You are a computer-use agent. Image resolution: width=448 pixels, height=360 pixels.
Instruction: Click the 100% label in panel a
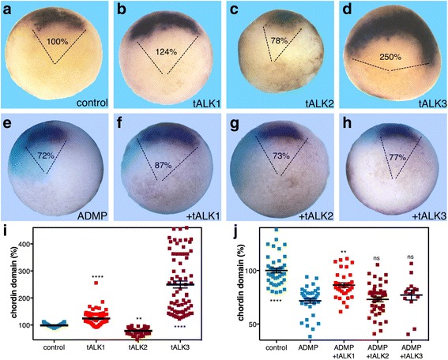57,42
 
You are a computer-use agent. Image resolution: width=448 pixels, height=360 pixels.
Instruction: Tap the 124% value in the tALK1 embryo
166,52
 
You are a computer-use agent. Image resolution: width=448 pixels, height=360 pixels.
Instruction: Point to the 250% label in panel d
390,57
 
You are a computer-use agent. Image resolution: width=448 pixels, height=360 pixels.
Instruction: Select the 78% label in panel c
279,41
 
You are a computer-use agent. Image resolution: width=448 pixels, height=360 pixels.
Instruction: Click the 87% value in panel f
163,165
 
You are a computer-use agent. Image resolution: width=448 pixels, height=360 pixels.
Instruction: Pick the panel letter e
8,125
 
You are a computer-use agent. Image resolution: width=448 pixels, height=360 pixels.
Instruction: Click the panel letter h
347,124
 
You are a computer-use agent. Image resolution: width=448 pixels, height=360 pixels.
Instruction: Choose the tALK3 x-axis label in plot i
181,347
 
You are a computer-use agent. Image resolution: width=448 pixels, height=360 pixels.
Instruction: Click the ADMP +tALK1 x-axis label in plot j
344,351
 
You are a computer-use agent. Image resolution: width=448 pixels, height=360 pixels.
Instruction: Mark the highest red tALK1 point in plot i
96,283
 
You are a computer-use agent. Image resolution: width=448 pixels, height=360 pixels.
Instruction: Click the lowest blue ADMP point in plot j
311,336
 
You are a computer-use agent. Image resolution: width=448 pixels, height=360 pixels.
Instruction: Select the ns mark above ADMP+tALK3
411,257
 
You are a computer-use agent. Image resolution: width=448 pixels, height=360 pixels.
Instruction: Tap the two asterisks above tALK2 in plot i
139,318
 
